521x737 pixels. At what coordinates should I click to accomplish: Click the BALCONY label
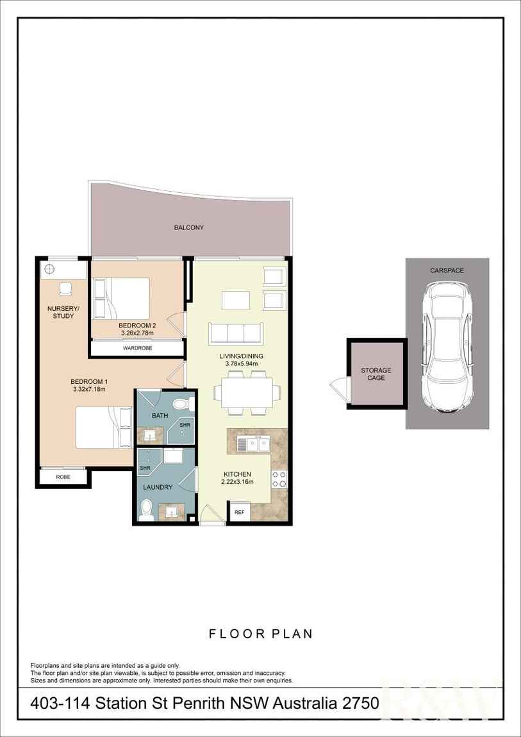(188, 228)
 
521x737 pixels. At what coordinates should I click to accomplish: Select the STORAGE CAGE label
(376, 374)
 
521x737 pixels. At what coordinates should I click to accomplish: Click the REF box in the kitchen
(239, 512)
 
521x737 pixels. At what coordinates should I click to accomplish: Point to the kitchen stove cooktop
(279, 479)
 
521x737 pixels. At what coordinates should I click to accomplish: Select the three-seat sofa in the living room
(235, 333)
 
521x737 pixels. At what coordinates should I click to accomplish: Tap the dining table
(247, 392)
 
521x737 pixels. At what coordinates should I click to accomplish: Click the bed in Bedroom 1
(105, 427)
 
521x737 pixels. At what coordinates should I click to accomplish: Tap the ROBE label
(63, 477)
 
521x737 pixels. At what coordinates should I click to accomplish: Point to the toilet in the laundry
(147, 510)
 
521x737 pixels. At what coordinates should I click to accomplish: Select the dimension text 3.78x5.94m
(241, 364)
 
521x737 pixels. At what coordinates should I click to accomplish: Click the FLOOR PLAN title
(260, 634)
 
